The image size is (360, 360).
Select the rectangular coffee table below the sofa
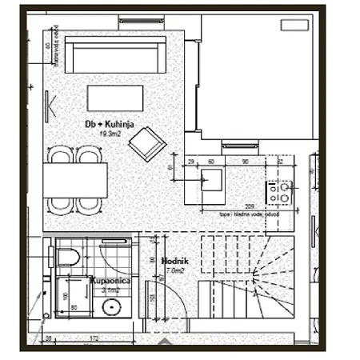click(117, 98)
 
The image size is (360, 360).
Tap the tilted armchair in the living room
click(146, 144)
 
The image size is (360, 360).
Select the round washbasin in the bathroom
click(112, 306)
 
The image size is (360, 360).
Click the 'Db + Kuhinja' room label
click(110, 124)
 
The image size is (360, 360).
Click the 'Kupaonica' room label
click(106, 282)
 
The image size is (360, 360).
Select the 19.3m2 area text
click(110, 134)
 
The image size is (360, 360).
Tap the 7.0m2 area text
click(175, 270)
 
